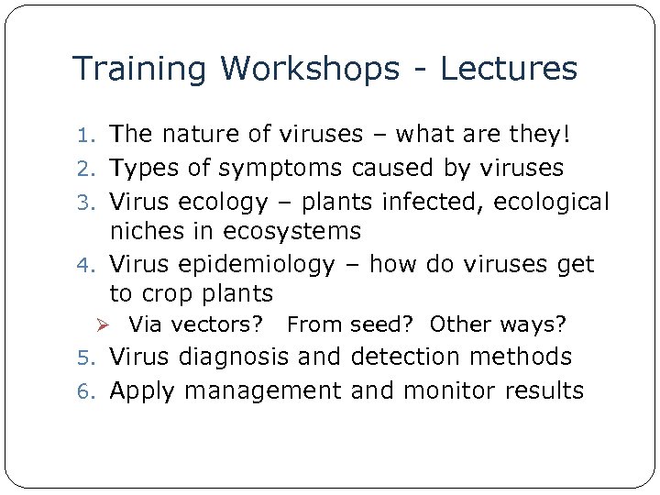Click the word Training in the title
point(141,69)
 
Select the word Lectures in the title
point(511,69)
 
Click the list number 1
point(92,136)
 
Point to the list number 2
point(92,169)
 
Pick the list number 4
point(92,266)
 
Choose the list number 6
point(92,391)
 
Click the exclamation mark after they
point(566,135)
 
